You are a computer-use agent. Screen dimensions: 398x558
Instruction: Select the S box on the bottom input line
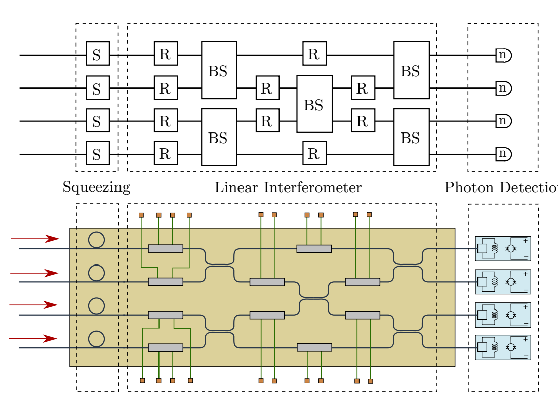[97, 153]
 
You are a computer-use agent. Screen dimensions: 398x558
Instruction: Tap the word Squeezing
[96, 187]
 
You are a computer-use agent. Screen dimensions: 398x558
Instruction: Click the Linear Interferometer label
[288, 187]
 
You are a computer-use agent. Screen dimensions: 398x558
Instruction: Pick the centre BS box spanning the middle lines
[314, 104]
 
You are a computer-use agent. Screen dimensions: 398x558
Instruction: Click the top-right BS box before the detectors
[411, 70]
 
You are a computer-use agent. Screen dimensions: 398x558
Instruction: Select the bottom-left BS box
[219, 137]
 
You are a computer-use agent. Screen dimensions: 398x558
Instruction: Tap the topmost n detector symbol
[503, 55]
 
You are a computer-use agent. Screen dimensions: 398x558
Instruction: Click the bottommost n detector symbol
[503, 154]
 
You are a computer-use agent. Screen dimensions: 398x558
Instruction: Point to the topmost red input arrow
[35, 239]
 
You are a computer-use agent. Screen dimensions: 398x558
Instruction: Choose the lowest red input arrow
[33, 338]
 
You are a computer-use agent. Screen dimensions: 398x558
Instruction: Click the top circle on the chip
[96, 239]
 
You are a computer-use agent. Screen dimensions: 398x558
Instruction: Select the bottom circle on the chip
[96, 339]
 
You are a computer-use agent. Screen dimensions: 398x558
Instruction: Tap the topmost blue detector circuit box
[503, 248]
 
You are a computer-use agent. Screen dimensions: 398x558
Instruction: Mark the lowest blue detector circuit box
[503, 347]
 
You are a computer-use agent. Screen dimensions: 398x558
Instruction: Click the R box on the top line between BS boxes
[314, 54]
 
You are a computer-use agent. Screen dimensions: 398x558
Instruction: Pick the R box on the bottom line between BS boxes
[314, 153]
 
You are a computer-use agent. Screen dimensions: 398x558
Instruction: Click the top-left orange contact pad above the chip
[141, 215]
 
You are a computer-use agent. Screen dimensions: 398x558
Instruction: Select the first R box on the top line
[166, 54]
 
